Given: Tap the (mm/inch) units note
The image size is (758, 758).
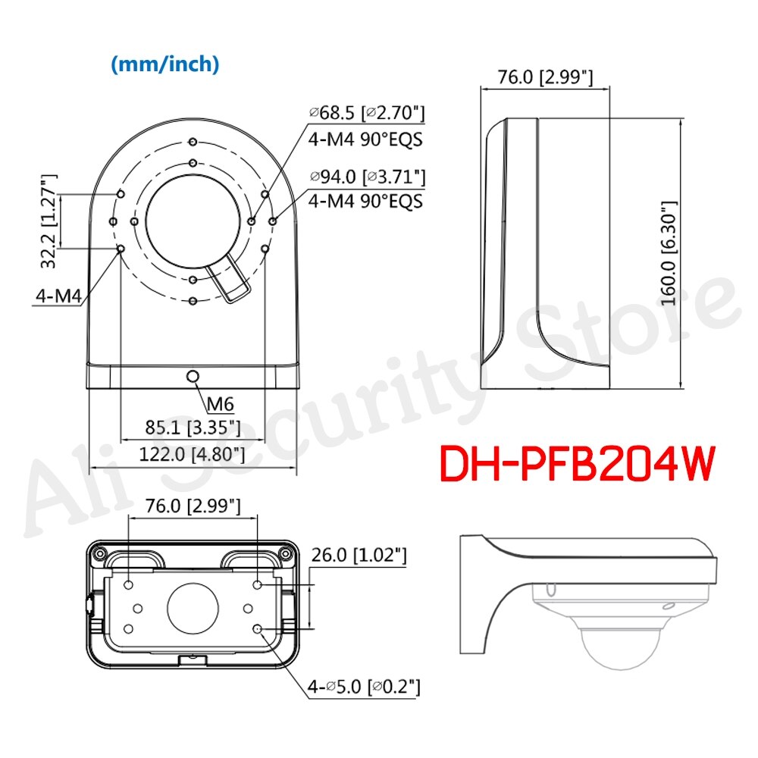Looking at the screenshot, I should click(x=165, y=65).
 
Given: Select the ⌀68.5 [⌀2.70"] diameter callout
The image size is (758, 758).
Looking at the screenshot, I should click(x=366, y=114).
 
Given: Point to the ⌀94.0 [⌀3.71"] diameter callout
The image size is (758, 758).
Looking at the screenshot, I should click(x=366, y=177).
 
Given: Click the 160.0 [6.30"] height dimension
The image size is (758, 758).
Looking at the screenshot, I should click(x=668, y=252).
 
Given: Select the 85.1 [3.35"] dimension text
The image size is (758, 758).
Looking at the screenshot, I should click(x=193, y=428).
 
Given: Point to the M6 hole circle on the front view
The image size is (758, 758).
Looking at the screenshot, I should click(x=193, y=376).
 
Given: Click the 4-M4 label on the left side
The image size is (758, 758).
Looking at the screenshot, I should click(x=58, y=296).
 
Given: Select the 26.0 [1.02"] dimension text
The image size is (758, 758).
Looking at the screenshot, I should click(x=359, y=555).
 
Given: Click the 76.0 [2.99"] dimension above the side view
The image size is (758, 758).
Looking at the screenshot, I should click(x=545, y=77).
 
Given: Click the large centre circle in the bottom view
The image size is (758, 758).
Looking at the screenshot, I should click(x=193, y=608).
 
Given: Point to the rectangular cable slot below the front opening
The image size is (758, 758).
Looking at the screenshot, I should click(x=230, y=278).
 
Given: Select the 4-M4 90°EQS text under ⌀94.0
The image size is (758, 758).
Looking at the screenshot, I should click(x=366, y=202).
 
